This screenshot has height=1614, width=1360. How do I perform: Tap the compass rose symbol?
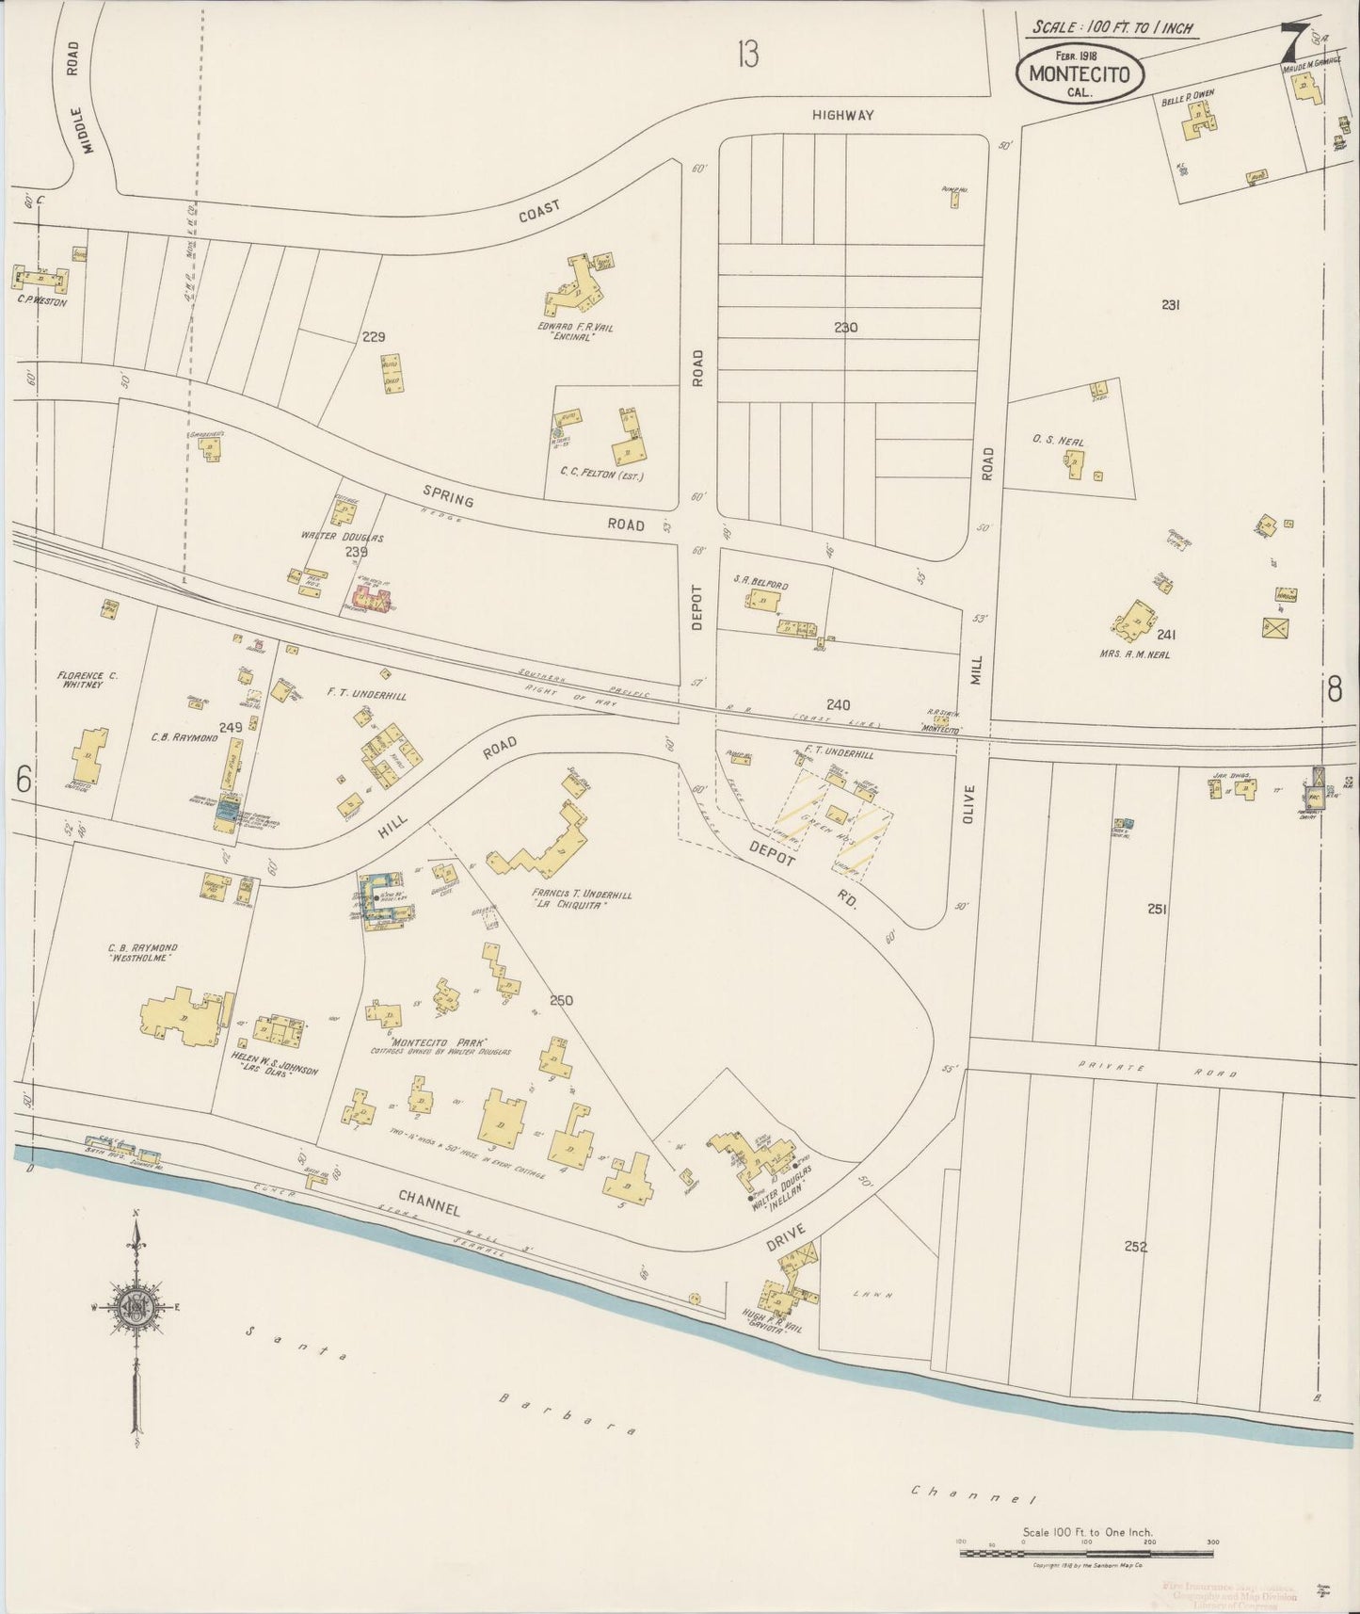[x=137, y=1308]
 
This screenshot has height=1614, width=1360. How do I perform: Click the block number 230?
[x=845, y=328]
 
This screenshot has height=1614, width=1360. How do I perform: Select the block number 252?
[x=1136, y=1246]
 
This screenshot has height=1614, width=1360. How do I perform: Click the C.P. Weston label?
[x=41, y=302]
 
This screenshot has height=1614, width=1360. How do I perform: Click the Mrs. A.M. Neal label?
[x=1133, y=654]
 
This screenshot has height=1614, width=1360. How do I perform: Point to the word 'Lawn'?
[x=873, y=1294]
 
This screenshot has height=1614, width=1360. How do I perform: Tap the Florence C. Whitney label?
[x=86, y=679]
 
